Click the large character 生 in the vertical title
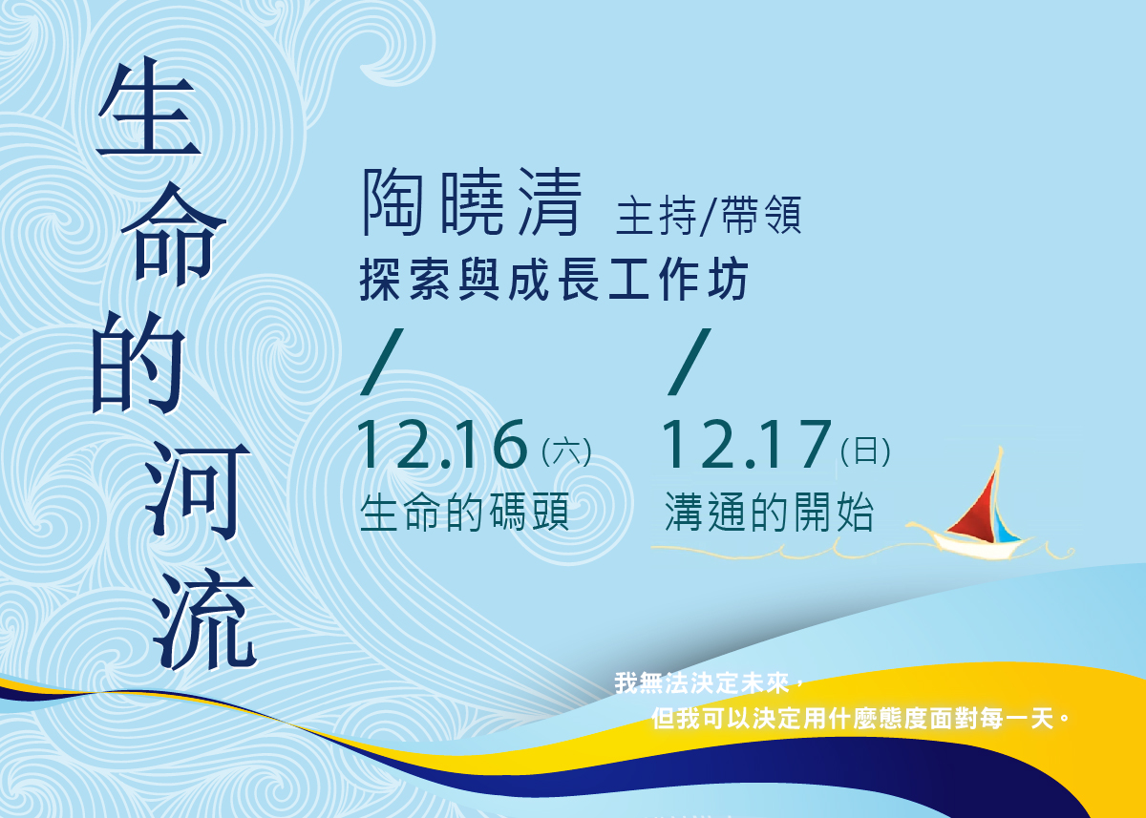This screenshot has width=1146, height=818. pos(149,106)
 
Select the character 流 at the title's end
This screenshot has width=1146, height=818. pos(204,619)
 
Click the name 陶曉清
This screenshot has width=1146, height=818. pos(472,202)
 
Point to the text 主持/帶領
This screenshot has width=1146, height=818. pos(709,215)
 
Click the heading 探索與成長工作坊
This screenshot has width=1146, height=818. pos(554,279)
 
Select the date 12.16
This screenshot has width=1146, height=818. pos(442,444)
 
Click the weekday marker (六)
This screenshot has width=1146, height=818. pos(566,451)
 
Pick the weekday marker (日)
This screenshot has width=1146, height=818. pos(865,451)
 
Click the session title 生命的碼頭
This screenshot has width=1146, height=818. pos(464,512)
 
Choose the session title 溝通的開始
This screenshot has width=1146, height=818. pos(769,512)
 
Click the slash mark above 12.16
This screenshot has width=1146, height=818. pos(382,362)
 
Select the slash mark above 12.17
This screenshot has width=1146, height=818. pos(690,362)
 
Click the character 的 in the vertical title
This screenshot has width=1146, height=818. pos(139,362)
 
